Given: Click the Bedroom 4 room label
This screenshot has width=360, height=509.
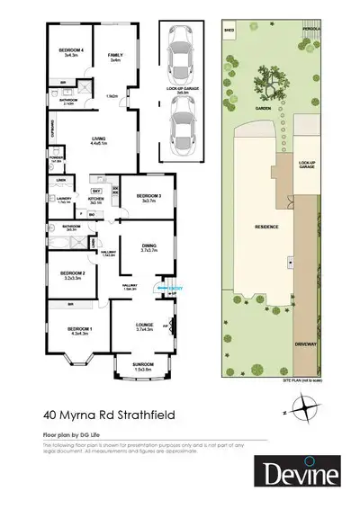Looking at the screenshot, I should click(73, 51).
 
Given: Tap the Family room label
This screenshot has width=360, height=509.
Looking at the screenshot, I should click(115, 58).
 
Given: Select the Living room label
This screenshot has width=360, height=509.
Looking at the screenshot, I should click(99, 139).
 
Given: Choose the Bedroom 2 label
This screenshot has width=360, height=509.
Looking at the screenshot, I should click(74, 274).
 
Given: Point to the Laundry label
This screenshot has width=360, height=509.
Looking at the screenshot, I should click(64, 201).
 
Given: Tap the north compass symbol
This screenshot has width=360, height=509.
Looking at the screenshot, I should click(309, 410).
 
